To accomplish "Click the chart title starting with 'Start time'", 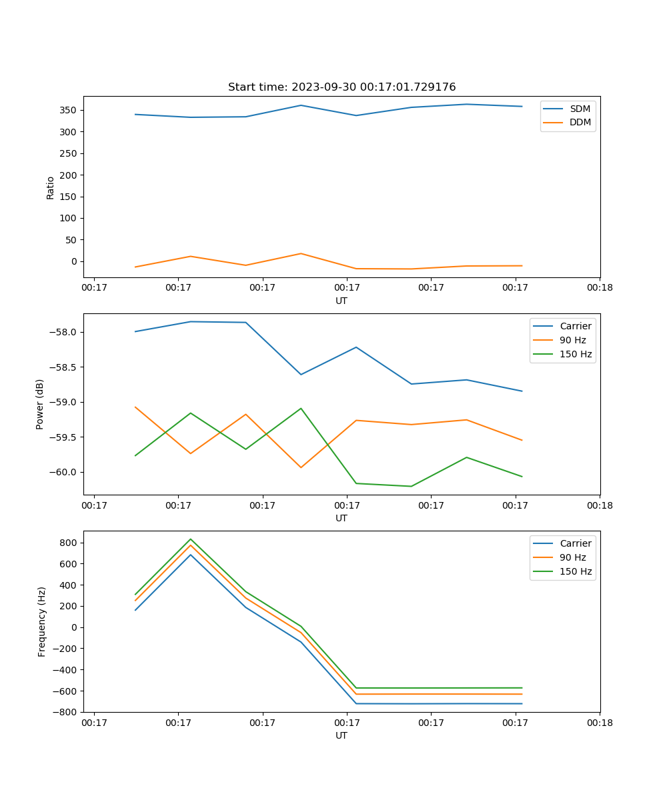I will tap(342, 87).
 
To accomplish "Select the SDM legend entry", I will tap(580, 109).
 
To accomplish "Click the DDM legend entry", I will tap(580, 122).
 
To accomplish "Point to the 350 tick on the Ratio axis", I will tap(69, 110).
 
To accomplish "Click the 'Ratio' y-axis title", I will tap(51, 187).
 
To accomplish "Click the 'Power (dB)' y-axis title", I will tap(40, 404).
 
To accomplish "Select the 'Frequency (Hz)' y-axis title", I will tap(41, 621).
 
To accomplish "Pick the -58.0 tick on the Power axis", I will tap(65, 333).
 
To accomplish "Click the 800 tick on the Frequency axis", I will tap(69, 543).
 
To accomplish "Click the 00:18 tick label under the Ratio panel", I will tap(600, 287).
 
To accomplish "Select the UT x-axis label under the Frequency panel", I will tap(342, 735).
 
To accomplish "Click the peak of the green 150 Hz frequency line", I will tap(191, 539).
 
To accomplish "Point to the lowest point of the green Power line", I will tap(411, 486).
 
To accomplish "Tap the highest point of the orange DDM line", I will tap(301, 253).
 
